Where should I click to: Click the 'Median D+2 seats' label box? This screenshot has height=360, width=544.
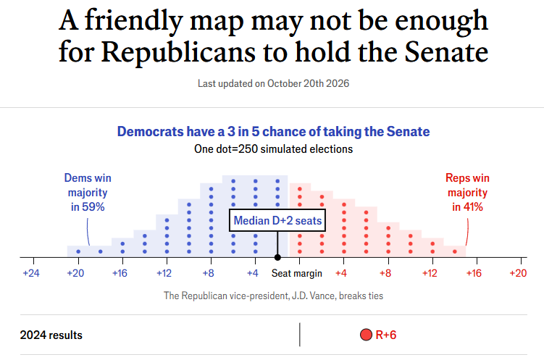[x=277, y=220]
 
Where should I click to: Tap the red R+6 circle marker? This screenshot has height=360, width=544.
[x=366, y=335]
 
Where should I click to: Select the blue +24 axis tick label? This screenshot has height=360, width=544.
[x=31, y=273]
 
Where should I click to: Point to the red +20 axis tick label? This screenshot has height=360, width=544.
[x=518, y=273]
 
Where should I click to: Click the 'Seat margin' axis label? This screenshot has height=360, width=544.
[x=297, y=273]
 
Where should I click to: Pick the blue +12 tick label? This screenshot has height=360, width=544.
[x=164, y=273]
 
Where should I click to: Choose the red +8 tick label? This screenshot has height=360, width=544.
[x=385, y=273]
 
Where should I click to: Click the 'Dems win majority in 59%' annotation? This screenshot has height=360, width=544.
[x=88, y=193]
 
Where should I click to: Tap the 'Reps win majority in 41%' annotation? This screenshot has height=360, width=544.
[x=467, y=193]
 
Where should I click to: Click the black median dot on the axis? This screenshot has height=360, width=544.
[x=277, y=257]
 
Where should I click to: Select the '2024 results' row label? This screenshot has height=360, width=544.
[x=51, y=335]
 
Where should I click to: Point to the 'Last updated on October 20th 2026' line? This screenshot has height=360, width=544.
[x=273, y=83]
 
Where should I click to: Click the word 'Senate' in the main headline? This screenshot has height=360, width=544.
[x=446, y=52]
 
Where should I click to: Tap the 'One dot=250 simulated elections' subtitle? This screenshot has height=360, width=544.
[x=273, y=149]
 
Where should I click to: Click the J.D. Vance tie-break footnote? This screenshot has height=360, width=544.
[x=273, y=296]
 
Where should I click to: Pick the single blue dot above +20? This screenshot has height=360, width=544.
[x=78, y=251]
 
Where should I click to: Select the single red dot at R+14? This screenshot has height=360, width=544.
[x=455, y=251]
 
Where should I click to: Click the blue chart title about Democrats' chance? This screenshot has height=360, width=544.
[x=273, y=132]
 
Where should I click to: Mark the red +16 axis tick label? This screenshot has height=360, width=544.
[x=474, y=273]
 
